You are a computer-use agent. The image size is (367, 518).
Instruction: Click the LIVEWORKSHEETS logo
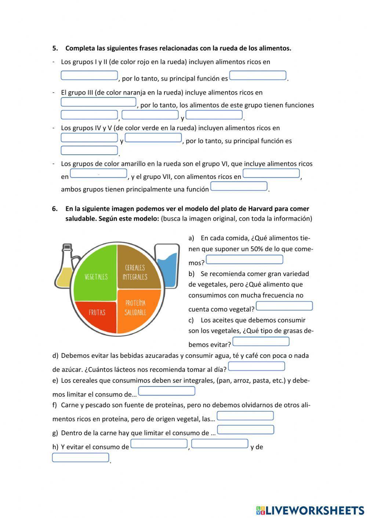click(x=310, y=510)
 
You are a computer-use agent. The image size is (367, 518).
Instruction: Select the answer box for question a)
click(x=244, y=260)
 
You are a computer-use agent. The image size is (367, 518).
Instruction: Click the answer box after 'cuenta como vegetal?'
click(x=284, y=306)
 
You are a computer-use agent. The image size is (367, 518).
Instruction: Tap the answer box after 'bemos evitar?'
click(x=261, y=341)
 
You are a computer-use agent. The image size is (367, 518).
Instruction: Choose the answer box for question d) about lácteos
click(x=257, y=366)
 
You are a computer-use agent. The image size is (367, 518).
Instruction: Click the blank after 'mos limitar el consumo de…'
click(x=167, y=391)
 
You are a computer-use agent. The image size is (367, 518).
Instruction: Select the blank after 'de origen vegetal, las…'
click(x=245, y=416)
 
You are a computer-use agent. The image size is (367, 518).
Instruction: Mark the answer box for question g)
click(x=246, y=430)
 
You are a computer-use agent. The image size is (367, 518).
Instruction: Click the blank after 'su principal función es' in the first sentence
click(x=258, y=76)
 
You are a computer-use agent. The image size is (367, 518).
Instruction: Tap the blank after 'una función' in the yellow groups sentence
click(x=239, y=186)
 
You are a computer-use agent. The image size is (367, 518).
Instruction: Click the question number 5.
click(x=55, y=48)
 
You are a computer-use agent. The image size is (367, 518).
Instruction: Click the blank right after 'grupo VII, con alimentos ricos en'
click(x=271, y=173)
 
